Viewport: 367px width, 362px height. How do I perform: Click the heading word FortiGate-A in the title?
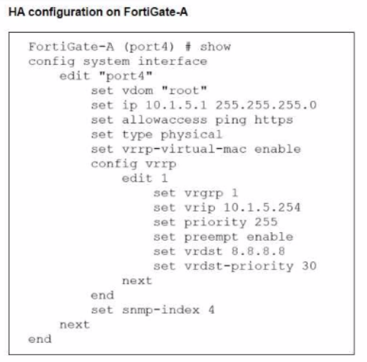[156, 12]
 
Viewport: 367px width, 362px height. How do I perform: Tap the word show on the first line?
[216, 47]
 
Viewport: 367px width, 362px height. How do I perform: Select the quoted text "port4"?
[126, 76]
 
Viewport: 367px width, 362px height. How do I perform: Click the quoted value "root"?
[184, 90]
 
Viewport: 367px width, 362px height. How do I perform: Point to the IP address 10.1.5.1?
[176, 105]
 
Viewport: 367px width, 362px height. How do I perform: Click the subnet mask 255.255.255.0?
[266, 105]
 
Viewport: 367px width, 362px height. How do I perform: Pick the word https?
[273, 120]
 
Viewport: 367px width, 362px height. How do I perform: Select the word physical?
[192, 135]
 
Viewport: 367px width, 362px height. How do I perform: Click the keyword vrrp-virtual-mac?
[184, 150]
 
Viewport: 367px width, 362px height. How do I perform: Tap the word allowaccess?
[164, 120]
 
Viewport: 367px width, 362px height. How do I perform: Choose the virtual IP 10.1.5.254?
[262, 207]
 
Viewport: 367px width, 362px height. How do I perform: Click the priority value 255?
[266, 222]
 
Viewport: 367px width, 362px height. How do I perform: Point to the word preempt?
[211, 237]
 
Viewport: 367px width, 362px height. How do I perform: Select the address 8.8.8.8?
[258, 251]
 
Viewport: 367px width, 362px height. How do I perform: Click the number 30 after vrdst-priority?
[309, 266]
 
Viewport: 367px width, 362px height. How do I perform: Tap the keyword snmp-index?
[161, 310]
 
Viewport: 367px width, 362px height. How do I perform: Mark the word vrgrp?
[203, 193]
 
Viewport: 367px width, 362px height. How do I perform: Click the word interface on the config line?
[173, 61]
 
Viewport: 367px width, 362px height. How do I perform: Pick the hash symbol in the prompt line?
[188, 47]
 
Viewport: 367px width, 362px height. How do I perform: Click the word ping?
[231, 120]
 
